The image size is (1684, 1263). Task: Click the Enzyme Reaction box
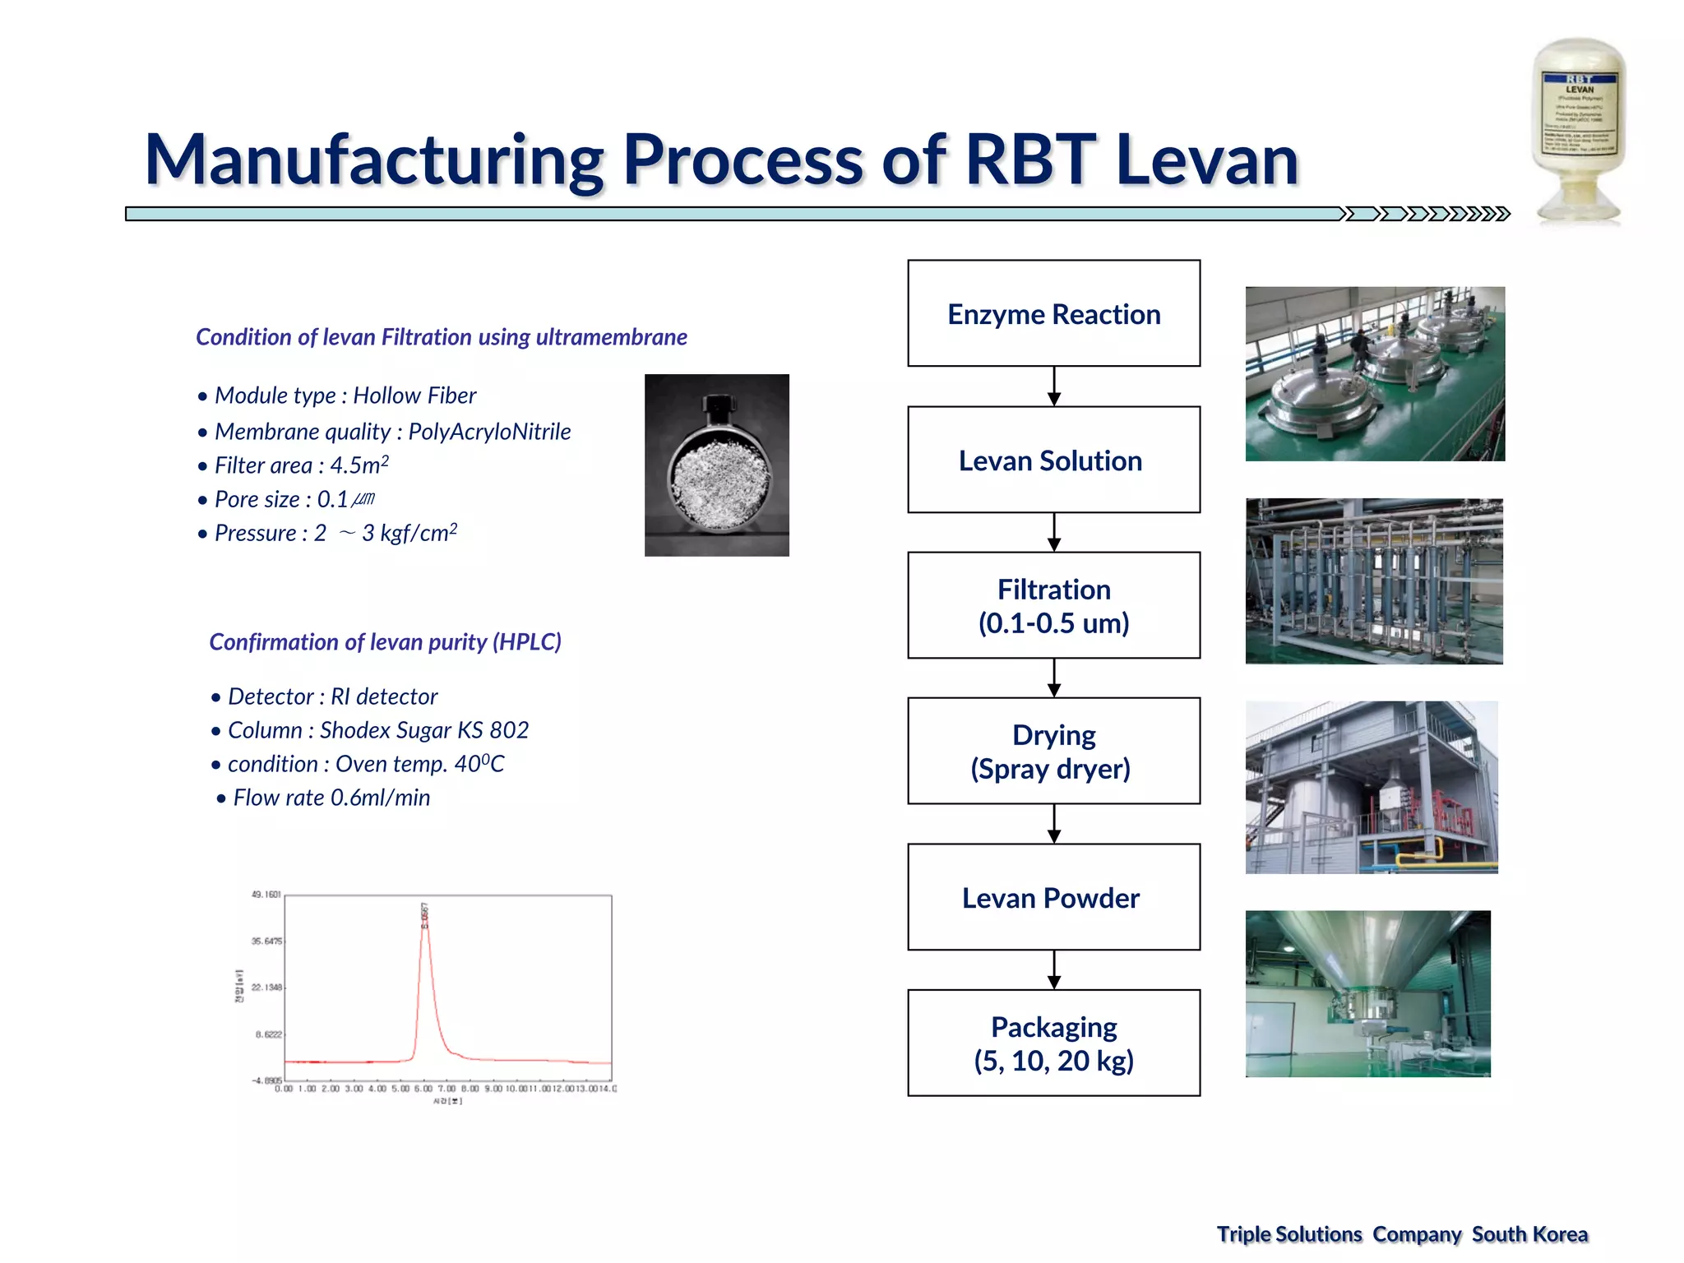pyautogui.click(x=1053, y=313)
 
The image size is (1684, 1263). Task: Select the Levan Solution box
pyautogui.click(x=1053, y=460)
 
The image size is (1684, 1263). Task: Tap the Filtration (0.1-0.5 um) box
pyautogui.click(x=1053, y=605)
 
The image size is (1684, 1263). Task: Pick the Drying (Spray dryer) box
pyautogui.click(x=1053, y=751)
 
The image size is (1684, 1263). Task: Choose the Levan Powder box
pyautogui.click(x=1053, y=897)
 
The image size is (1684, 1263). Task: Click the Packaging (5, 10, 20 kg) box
pyautogui.click(x=1053, y=1043)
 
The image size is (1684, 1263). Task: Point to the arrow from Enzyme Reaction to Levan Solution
pyautogui.click(x=1054, y=386)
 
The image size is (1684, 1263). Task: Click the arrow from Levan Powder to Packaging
pyautogui.click(x=1054, y=970)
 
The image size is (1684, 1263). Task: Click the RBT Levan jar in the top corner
pyautogui.click(x=1578, y=132)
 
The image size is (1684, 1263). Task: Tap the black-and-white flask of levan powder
pyautogui.click(x=716, y=465)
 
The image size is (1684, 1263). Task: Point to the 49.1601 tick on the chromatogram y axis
pyautogui.click(x=266, y=895)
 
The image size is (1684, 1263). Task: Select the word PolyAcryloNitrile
pyautogui.click(x=489, y=432)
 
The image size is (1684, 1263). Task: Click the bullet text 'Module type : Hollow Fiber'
pyautogui.click(x=345, y=396)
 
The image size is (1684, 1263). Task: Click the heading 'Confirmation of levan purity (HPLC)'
pyautogui.click(x=385, y=641)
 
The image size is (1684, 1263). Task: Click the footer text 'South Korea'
pyautogui.click(x=1529, y=1234)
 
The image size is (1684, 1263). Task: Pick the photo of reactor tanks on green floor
pyautogui.click(x=1375, y=373)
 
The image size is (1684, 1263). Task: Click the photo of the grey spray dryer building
pyautogui.click(x=1372, y=787)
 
